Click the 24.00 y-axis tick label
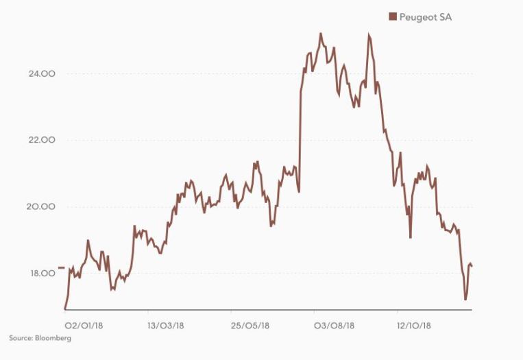(42, 73)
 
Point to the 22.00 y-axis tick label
(42, 140)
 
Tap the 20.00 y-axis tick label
(42, 206)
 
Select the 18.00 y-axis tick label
(42, 273)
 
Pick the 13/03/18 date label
(167, 324)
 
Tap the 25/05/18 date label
(250, 324)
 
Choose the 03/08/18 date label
(333, 324)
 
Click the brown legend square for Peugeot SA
(393, 16)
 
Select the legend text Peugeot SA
(426, 16)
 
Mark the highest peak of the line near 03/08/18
(321, 33)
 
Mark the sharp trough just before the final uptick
(465, 300)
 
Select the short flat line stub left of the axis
(61, 267)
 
